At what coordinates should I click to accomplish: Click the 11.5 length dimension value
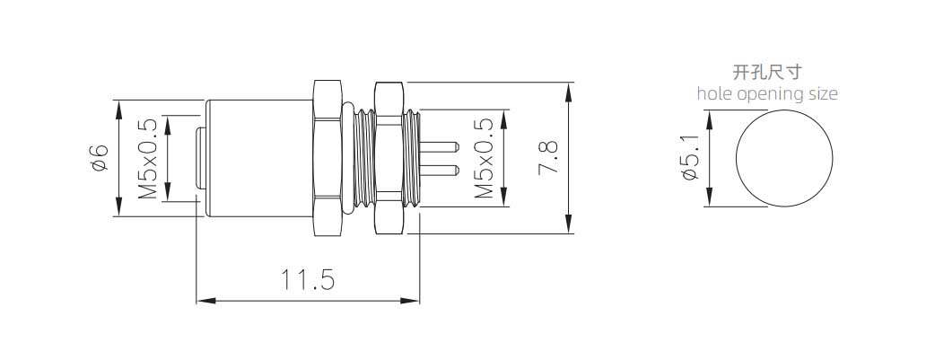click(x=308, y=279)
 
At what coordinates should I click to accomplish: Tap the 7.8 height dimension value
click(x=548, y=157)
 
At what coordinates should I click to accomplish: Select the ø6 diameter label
click(x=99, y=158)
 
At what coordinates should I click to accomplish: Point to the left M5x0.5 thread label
click(x=147, y=158)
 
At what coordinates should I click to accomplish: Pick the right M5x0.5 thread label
click(x=484, y=158)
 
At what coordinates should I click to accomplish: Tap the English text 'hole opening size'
click(x=767, y=93)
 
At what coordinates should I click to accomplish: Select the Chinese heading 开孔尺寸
click(x=767, y=72)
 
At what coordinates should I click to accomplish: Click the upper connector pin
click(x=440, y=145)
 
